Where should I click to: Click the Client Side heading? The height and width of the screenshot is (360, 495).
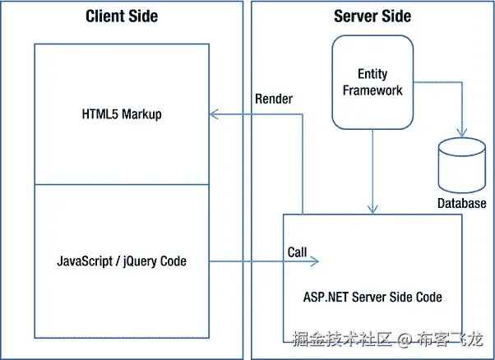pyautogui.click(x=122, y=16)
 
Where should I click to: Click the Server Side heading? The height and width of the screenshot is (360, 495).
pyautogui.click(x=372, y=16)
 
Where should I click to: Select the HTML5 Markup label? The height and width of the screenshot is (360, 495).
pyautogui.click(x=122, y=114)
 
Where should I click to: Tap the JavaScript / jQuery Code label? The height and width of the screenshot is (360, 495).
pyautogui.click(x=122, y=261)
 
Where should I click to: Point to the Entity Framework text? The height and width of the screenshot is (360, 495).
pyautogui.click(x=372, y=82)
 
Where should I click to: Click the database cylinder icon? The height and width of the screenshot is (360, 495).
pyautogui.click(x=462, y=165)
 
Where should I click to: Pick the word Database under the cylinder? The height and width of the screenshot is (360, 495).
pyautogui.click(x=462, y=203)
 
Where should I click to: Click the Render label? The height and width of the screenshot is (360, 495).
pyautogui.click(x=274, y=99)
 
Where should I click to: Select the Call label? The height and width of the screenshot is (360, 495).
pyautogui.click(x=297, y=252)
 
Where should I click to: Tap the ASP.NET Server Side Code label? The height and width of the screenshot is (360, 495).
pyautogui.click(x=372, y=297)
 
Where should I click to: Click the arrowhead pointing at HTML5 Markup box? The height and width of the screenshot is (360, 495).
pyautogui.click(x=214, y=114)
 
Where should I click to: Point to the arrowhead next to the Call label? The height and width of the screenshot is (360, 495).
pyautogui.click(x=315, y=261)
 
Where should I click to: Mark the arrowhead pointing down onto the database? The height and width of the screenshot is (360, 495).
pyautogui.click(x=462, y=132)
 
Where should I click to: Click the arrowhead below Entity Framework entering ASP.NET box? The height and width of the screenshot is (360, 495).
pyautogui.click(x=372, y=210)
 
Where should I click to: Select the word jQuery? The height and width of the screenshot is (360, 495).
pyautogui.click(x=140, y=262)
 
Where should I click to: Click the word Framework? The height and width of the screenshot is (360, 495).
pyautogui.click(x=372, y=90)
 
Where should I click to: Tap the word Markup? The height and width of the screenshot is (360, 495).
pyautogui.click(x=141, y=114)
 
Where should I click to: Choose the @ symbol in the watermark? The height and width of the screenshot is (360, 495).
pyautogui.click(x=405, y=339)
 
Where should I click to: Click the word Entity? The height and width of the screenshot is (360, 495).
pyautogui.click(x=372, y=74)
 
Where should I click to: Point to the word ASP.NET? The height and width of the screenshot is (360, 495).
pyautogui.click(x=326, y=297)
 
